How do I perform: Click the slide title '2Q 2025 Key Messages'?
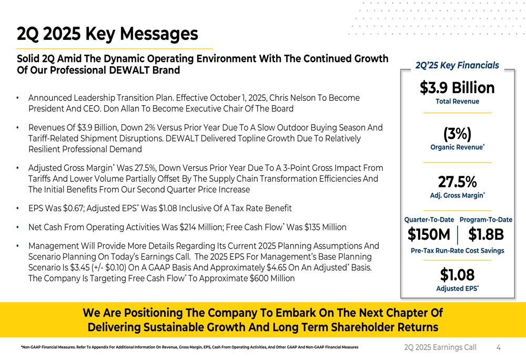coord(107,34)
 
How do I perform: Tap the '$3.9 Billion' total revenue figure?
coord(457,87)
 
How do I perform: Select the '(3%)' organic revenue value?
coord(457,133)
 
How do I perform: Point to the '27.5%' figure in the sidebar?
coord(457,182)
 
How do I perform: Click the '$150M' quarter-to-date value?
coord(429,235)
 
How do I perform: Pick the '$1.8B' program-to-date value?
coord(486,235)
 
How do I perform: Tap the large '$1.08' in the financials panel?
coord(457,274)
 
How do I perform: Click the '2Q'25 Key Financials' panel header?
coord(457,66)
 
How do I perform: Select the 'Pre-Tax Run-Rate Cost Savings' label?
coord(457,251)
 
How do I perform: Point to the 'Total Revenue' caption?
coord(457,101)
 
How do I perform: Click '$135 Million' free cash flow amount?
coord(320,228)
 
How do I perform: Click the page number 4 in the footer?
coord(498,347)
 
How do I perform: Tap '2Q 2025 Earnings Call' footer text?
coord(440,347)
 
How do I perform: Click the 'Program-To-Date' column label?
coord(485,220)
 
